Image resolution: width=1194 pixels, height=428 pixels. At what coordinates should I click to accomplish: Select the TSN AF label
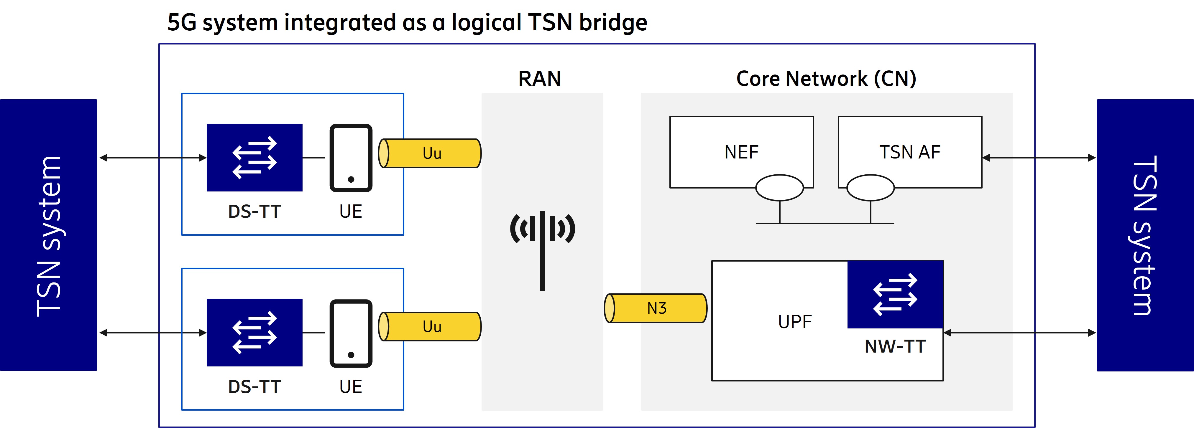pos(909,152)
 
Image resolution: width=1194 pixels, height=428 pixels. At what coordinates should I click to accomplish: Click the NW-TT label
pos(895,346)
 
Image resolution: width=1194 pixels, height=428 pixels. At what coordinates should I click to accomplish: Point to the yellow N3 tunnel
pos(656,308)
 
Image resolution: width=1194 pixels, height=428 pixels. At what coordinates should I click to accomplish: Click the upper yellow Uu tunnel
pos(431,153)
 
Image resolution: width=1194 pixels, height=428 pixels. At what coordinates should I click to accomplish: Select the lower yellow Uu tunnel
pos(431,327)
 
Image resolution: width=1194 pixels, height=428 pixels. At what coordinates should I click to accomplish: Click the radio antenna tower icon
pos(542,245)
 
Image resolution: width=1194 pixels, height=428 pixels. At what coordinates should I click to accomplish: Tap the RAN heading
pos(540,78)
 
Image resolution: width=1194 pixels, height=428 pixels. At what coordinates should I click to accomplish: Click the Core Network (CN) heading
pos(826,78)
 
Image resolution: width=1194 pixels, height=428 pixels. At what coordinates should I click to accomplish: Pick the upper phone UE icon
pos(351,158)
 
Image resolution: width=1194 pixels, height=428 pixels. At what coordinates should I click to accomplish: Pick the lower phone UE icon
pos(351,333)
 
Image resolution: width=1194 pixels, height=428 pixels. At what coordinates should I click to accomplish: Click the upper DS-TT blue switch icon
pos(254,158)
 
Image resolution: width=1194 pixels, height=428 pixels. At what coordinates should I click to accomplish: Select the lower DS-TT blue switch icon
pos(254,333)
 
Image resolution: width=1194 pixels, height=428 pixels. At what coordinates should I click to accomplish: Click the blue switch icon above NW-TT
pos(895,294)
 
